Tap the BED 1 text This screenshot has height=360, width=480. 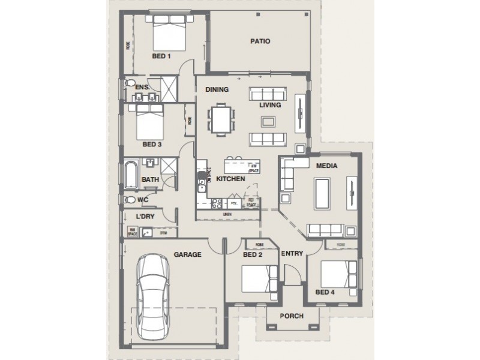[161, 57]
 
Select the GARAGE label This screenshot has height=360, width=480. [187, 254]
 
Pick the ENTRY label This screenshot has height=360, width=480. [292, 253]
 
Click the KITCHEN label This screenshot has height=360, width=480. [230, 179]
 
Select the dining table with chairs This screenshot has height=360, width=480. [223, 119]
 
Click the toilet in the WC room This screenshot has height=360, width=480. [130, 200]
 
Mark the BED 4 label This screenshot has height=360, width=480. [325, 292]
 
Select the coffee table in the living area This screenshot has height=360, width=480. [268, 122]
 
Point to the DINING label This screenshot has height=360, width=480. [217, 90]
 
